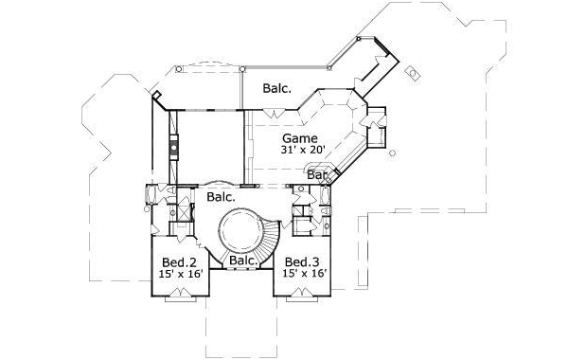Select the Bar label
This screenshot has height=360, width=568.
click(317, 174)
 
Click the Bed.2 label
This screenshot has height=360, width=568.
click(178, 261)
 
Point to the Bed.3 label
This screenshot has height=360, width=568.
click(301, 261)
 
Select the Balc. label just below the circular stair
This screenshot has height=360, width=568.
click(242, 261)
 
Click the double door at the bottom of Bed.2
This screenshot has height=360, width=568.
click(180, 297)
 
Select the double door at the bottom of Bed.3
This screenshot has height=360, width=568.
click(302, 297)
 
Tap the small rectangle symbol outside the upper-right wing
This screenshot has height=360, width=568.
click(414, 73)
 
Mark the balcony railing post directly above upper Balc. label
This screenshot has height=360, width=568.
click(242, 68)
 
